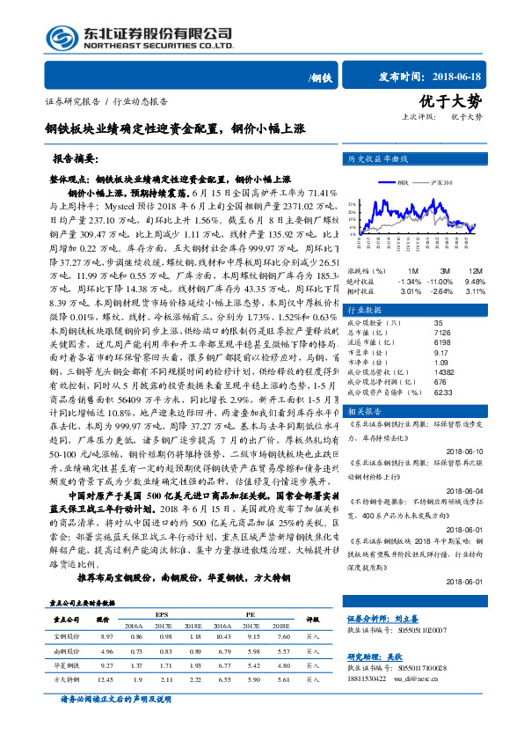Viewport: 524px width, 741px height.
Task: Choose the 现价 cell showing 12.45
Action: [x=109, y=679]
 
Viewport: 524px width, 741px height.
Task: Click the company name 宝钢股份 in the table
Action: [x=66, y=635]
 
